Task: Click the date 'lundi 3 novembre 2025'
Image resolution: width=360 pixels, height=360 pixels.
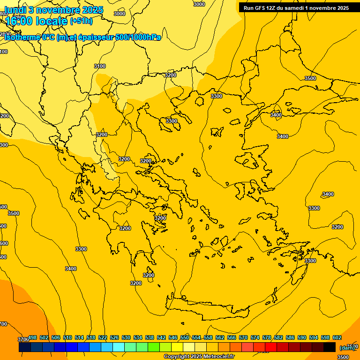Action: tap(53, 10)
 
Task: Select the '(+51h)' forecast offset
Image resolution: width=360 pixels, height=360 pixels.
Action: tap(81, 21)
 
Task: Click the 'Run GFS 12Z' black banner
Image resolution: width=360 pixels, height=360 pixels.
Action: tap(296, 7)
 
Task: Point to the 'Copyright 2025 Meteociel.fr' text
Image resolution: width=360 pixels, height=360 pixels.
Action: tap(199, 357)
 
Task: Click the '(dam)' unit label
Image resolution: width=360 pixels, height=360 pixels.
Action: tap(347, 348)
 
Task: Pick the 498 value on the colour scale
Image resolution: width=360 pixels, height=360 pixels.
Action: tap(33, 337)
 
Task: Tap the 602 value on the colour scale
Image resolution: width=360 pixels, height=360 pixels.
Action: tap(337, 337)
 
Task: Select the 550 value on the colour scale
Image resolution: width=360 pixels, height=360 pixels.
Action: tap(185, 337)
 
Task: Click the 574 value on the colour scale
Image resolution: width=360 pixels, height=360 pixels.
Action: tap(255, 337)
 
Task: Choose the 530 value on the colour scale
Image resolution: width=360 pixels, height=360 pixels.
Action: tap(126, 337)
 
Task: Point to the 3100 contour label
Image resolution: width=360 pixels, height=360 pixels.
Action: tap(100, 66)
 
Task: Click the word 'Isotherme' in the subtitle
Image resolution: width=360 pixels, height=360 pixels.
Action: tap(22, 37)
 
